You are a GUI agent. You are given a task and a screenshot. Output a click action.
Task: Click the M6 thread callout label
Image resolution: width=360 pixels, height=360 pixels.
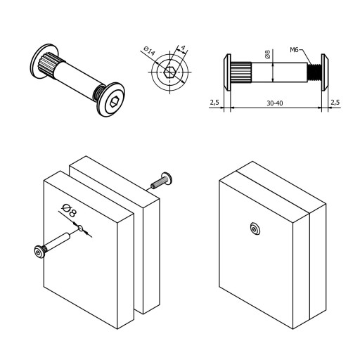coord(294,50)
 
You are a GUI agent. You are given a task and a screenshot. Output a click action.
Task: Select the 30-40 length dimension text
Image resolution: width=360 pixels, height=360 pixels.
coord(275,103)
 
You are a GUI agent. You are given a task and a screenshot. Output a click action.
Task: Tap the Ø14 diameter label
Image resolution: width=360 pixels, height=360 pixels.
coord(149,51)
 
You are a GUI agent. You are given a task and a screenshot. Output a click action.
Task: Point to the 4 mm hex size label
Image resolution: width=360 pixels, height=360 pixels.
coord(183,48)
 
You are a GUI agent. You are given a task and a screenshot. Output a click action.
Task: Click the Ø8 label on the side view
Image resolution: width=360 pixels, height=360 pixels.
coord(267,54)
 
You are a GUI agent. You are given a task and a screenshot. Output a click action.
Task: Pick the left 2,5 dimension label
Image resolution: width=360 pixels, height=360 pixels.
coord(214,103)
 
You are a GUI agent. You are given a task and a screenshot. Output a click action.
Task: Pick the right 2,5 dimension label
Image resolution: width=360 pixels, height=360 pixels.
coord(335,102)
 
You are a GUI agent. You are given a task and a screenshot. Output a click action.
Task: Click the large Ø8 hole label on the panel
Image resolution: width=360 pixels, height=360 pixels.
coord(70,210)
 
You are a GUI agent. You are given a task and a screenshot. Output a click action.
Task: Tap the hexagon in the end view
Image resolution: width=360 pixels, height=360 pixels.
coord(170,72)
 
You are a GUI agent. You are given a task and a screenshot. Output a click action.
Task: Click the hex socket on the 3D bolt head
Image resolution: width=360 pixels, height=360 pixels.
coord(115,102)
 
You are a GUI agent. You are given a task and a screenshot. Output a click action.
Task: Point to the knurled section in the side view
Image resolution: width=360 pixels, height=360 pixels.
coord(240,72)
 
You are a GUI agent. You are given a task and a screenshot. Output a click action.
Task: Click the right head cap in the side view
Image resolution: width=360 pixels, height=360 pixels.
coord(324,72)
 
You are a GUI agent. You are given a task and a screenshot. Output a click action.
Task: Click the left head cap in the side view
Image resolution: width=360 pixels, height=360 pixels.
coord(227,72)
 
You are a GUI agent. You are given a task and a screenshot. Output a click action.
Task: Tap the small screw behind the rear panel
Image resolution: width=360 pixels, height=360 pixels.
coord(162,181)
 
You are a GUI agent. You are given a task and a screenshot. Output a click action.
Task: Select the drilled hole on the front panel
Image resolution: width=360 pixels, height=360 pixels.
coord(81,228)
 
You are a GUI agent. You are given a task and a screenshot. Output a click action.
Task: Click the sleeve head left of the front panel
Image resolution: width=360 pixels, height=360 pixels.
coord(39,252)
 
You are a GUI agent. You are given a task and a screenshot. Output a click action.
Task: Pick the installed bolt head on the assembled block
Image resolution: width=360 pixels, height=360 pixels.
coord(255,229)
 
